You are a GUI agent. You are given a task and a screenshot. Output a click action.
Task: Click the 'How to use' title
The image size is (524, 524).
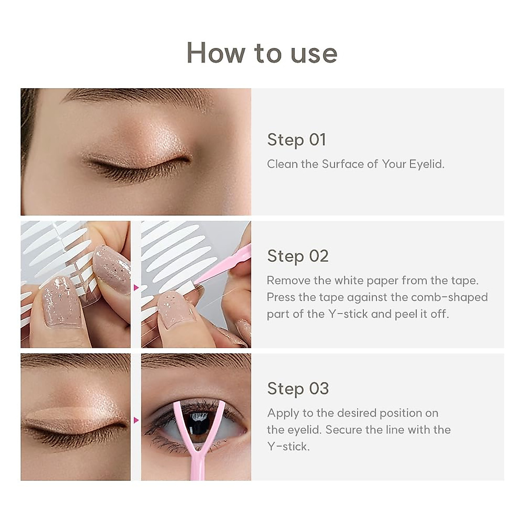point(262,53)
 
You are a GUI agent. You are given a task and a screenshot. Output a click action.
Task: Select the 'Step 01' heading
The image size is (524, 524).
point(296,140)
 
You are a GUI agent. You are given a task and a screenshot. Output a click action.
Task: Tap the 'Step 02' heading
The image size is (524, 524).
point(297,256)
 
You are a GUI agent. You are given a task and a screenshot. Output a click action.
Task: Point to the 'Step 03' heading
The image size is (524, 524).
point(298,389)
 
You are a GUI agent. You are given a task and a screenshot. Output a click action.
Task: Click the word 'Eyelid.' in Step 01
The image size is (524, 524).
point(427,164)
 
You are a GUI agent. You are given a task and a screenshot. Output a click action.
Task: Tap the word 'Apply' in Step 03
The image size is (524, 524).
point(283,413)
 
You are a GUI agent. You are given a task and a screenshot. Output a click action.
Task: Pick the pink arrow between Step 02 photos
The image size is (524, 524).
point(136,288)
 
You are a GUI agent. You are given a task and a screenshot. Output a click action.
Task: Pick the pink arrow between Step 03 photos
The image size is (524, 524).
point(136,420)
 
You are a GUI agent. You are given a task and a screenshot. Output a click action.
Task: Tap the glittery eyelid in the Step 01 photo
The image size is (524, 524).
point(144,140)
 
